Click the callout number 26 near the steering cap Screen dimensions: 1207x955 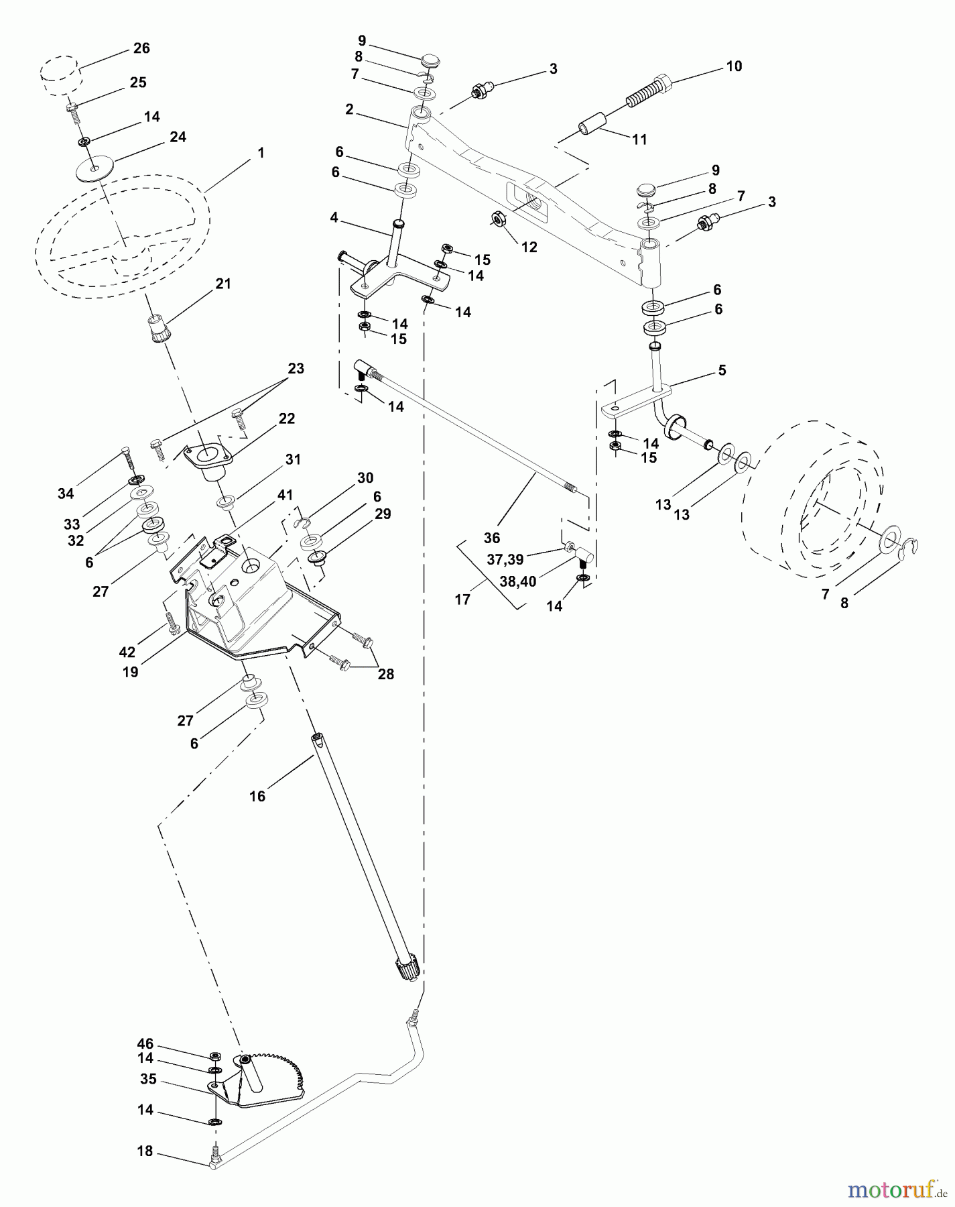pyautogui.click(x=141, y=48)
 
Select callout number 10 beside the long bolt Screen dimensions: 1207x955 pyautogui.click(x=734, y=66)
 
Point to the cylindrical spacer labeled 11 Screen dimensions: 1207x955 pyautogui.click(x=592, y=127)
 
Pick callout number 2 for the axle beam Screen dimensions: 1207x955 pyautogui.click(x=349, y=109)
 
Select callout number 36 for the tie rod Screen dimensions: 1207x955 pyautogui.click(x=491, y=538)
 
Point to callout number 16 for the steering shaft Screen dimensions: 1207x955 pyautogui.click(x=257, y=796)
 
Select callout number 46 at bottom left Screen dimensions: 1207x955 pyautogui.click(x=145, y=1044)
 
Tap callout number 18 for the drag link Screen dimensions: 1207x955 pyautogui.click(x=145, y=1151)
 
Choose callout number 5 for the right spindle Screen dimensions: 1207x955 pyautogui.click(x=722, y=370)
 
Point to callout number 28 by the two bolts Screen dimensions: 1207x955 pyautogui.click(x=385, y=675)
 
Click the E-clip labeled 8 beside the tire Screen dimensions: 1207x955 pyautogui.click(x=911, y=547)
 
